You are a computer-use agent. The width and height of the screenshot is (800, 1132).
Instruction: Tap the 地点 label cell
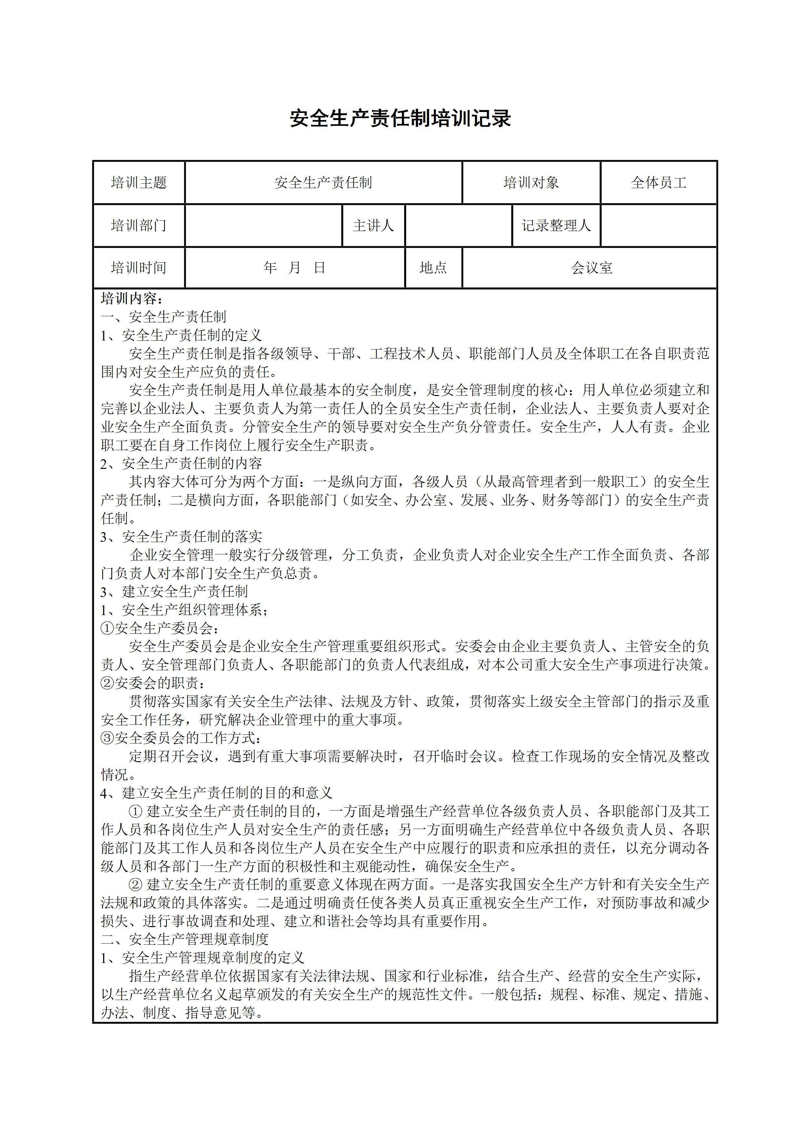tap(433, 268)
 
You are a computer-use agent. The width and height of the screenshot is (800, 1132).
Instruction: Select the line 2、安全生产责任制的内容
tap(181, 463)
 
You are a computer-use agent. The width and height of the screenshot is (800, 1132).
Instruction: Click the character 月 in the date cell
tap(294, 268)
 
